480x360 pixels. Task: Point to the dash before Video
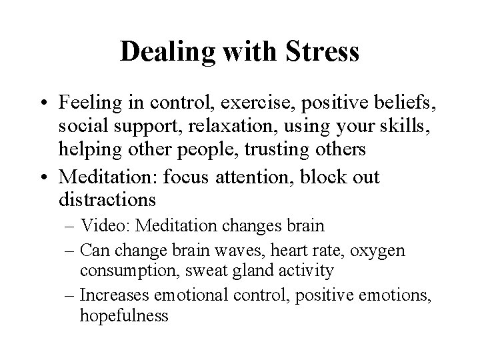85,226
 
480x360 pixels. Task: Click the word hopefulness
124,316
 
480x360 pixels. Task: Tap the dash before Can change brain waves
85,251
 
